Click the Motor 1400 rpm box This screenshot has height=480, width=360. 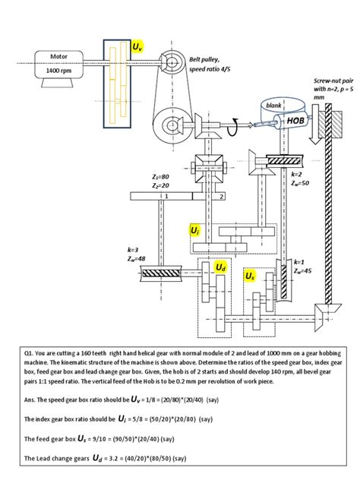pos(58,64)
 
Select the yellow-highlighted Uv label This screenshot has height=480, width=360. pos(137,47)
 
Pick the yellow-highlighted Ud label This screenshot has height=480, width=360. pos(220,267)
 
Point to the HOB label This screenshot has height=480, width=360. pos(295,120)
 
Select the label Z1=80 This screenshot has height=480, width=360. pos(160,176)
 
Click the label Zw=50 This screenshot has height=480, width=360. pos(299,182)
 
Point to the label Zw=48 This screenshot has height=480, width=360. pos(137,258)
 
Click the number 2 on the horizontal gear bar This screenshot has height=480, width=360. pos(220,195)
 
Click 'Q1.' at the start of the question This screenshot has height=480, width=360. pos(30,354)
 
